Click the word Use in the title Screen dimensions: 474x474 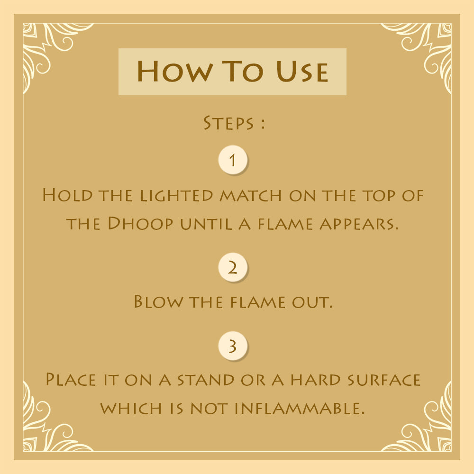pos(302,72)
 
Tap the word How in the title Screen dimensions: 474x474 pos(174,72)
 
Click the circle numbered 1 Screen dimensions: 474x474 pos(233,160)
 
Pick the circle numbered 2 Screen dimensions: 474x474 pos(233,267)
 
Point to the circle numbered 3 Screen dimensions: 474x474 pos(233,346)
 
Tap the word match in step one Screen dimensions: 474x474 pos(251,195)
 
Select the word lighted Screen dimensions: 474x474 pos(177,196)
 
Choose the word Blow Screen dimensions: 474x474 pos(158,301)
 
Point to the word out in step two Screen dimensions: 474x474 pos(312,302)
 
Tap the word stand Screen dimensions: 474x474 pos(206,380)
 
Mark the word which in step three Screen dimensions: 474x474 pos(131,409)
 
